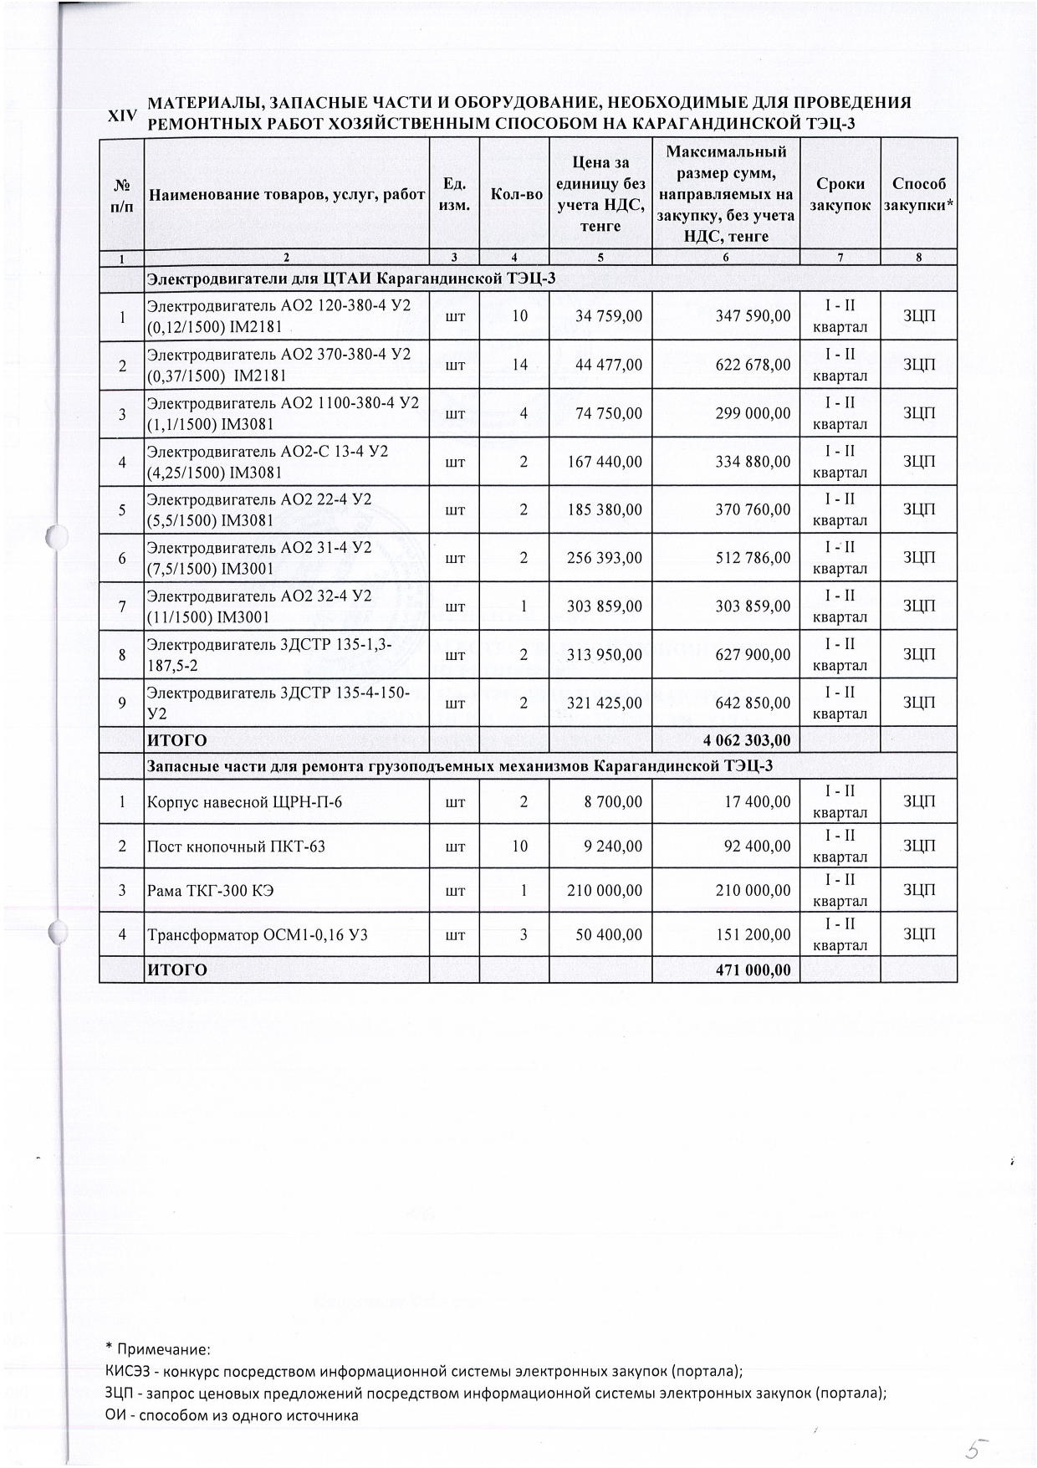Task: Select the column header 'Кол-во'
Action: (x=516, y=195)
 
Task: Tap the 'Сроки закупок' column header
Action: (x=840, y=195)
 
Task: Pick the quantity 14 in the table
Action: (x=520, y=365)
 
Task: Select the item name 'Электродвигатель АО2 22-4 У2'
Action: (x=259, y=500)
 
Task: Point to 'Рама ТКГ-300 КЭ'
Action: (x=211, y=891)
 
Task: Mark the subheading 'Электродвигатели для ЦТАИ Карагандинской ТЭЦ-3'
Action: (x=351, y=279)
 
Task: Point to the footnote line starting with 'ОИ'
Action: (x=232, y=1415)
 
